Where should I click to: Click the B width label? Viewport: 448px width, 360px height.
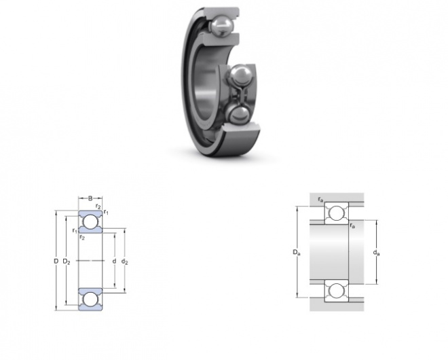click(90, 198)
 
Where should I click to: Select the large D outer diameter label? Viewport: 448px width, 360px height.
click(56, 261)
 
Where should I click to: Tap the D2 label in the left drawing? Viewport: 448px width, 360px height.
click(67, 262)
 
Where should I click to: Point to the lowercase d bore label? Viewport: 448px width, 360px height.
click(114, 261)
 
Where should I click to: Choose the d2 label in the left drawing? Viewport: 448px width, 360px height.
click(125, 262)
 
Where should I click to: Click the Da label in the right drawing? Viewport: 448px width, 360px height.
click(296, 253)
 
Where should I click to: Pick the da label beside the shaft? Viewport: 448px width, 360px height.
click(376, 253)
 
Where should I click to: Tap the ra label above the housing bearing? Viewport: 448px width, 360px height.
click(320, 200)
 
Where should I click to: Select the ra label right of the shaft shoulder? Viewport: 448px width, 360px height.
click(352, 226)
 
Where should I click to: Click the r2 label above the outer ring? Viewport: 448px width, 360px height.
click(98, 206)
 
